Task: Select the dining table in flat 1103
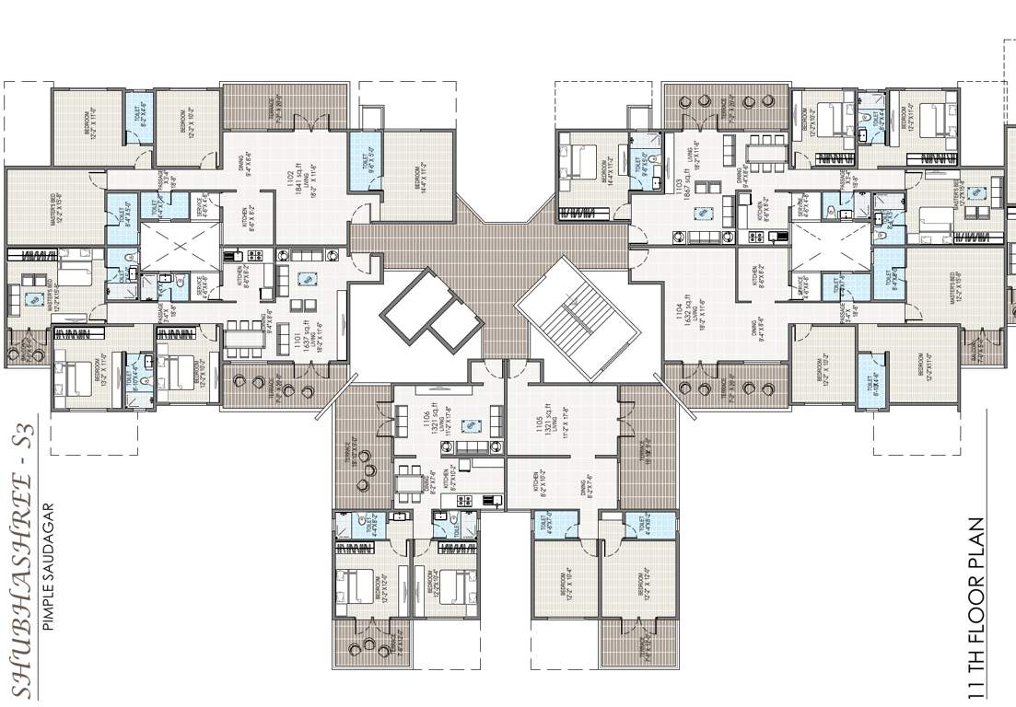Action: [x=764, y=147]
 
